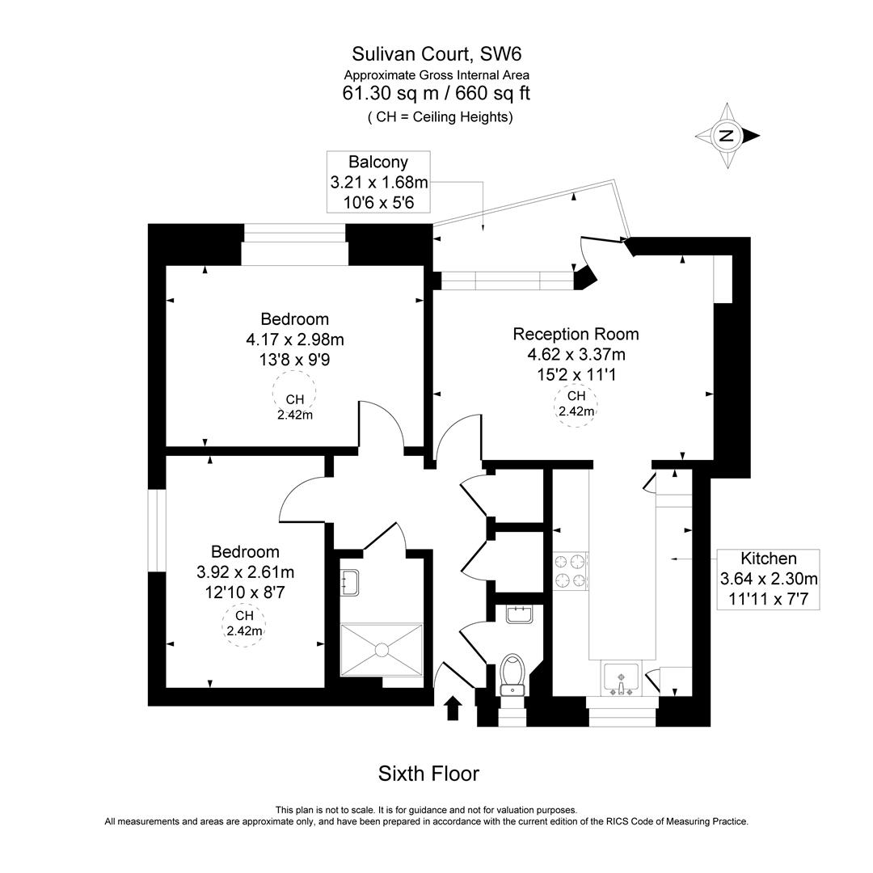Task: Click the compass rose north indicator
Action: (x=727, y=136)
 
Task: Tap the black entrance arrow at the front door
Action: (x=453, y=707)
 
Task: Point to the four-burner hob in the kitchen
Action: (x=571, y=569)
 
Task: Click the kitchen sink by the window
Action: (x=621, y=677)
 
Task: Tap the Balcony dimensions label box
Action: (x=378, y=183)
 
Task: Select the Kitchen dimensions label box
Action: (x=769, y=579)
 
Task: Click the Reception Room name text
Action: (x=576, y=334)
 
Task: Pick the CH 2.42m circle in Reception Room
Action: (x=576, y=403)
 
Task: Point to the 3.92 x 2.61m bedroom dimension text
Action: (x=245, y=572)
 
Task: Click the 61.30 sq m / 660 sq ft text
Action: (x=436, y=94)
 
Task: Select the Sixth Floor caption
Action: (x=428, y=774)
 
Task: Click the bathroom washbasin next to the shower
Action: (x=350, y=581)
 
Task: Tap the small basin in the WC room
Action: (x=518, y=614)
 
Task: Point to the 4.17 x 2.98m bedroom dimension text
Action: (x=294, y=339)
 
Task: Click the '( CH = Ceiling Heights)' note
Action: (x=440, y=117)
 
